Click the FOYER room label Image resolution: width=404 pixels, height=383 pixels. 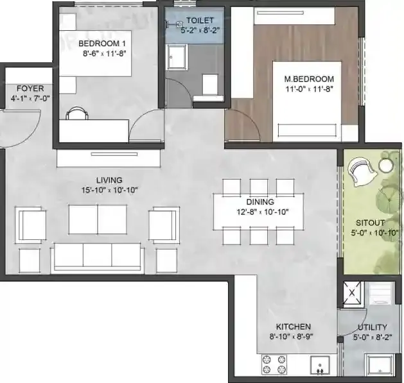26,89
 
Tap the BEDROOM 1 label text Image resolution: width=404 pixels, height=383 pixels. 101,43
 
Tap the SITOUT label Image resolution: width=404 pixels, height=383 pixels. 370,223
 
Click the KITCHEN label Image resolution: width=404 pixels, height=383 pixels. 294,326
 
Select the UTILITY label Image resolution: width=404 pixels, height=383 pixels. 373,326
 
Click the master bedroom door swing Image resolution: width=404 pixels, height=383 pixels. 243,122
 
